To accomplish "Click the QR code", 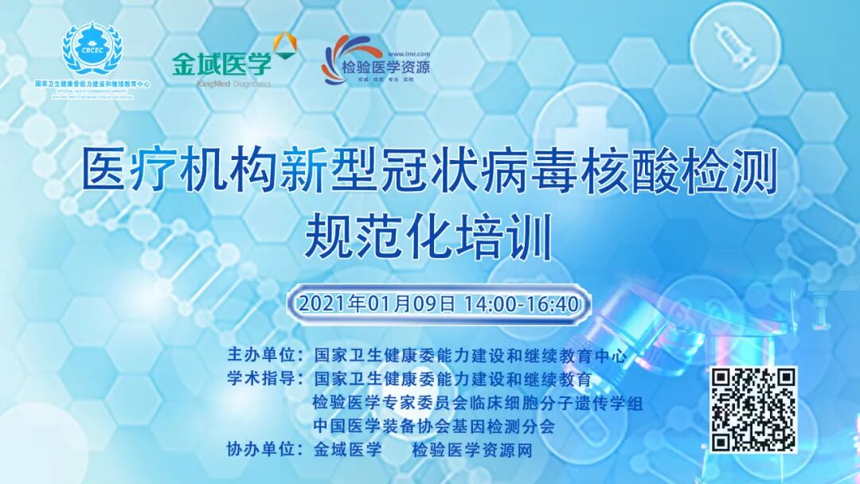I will click(x=753, y=409).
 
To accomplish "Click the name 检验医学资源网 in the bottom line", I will click(x=471, y=451).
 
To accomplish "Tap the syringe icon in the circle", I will click(x=728, y=41).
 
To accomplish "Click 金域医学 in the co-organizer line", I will click(x=348, y=451).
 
